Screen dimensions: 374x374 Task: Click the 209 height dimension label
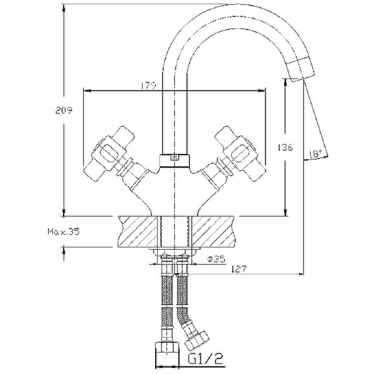[64, 111]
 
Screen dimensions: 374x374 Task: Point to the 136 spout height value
[285, 147]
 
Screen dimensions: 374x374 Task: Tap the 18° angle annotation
[314, 153]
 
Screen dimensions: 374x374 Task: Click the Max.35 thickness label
[63, 231]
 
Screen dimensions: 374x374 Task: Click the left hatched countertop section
[138, 230]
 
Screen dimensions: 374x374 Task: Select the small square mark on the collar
[174, 158]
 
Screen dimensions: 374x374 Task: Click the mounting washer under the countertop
[175, 252]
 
